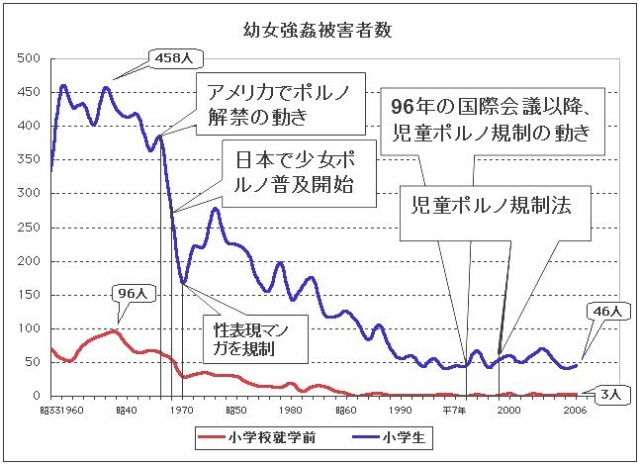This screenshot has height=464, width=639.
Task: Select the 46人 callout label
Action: coord(606,311)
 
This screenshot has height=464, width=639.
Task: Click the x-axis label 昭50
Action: coord(235,409)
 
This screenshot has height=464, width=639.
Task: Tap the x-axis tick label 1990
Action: coord(400,409)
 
